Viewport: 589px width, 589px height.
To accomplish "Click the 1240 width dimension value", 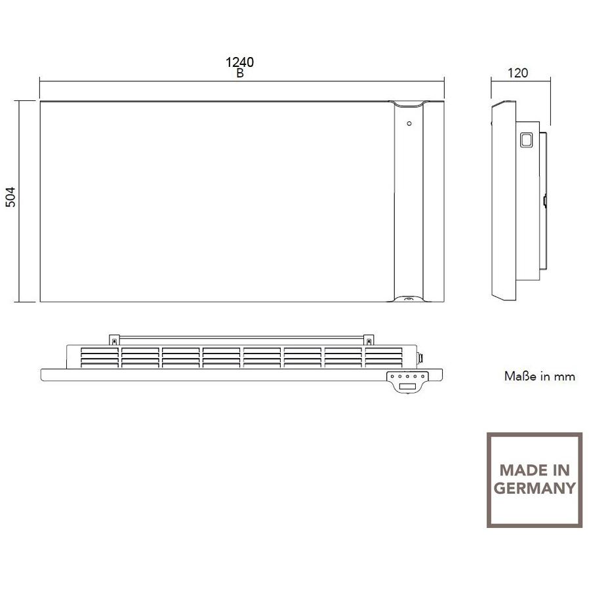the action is (239, 62).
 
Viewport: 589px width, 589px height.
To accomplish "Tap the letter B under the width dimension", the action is (240, 73).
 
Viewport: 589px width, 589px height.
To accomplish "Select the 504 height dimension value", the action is (10, 197).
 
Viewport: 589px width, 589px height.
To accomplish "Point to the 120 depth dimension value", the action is (518, 73).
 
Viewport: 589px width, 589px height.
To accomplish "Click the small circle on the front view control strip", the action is (409, 123).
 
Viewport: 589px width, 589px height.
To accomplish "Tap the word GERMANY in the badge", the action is (535, 488).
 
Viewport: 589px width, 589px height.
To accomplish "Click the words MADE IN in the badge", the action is (535, 470).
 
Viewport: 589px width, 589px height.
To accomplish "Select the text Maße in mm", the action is (539, 376).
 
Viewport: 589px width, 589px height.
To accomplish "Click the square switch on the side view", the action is (526, 139).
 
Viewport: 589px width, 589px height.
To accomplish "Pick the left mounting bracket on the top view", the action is (114, 340).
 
